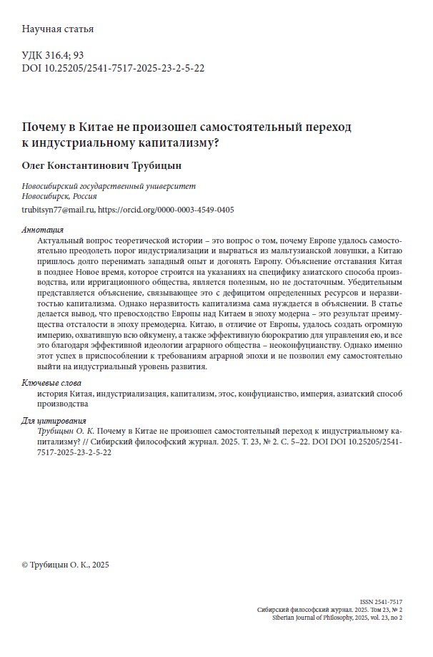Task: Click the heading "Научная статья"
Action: tap(58, 29)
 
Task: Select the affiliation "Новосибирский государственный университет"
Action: tap(109, 185)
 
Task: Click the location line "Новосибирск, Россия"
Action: tap(60, 196)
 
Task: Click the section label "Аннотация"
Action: tap(43, 230)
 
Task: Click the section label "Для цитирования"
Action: tap(54, 420)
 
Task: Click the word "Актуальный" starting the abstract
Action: tap(61, 243)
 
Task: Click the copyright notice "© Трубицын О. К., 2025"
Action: tap(66, 565)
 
